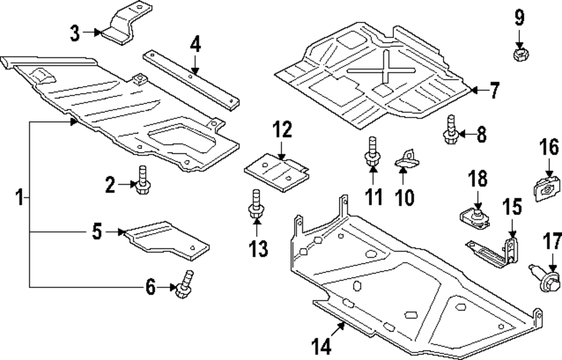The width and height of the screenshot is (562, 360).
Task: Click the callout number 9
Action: point(519,18)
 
